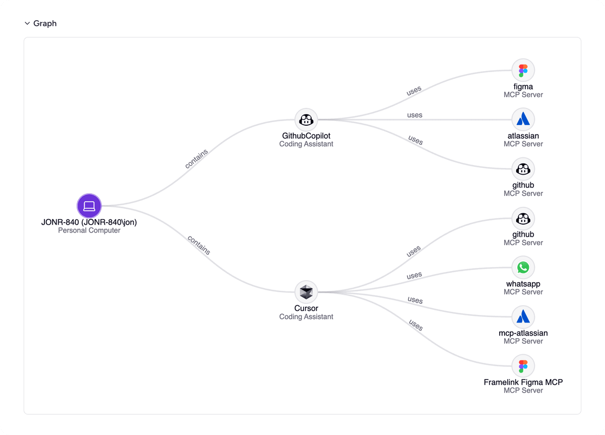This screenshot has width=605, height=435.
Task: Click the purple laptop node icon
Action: (x=89, y=206)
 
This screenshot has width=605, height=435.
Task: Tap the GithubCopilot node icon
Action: (x=306, y=120)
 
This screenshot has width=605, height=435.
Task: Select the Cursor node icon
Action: (x=306, y=292)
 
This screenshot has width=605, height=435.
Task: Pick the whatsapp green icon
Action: (x=523, y=267)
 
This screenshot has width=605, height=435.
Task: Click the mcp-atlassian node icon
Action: (x=523, y=317)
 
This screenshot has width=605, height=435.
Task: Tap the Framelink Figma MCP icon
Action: (x=523, y=366)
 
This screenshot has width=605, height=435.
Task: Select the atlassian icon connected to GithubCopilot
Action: (x=523, y=120)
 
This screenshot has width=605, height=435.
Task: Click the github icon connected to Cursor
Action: (x=523, y=219)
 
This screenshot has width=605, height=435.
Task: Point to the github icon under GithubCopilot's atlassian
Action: (x=523, y=169)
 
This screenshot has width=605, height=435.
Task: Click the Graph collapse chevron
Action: (x=27, y=23)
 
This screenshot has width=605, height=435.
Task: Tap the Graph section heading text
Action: (x=45, y=23)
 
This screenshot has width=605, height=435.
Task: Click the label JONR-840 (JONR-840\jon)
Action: (x=89, y=222)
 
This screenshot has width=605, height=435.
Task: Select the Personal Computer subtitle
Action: (x=89, y=231)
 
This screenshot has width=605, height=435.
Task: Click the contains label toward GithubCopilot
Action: (x=196, y=158)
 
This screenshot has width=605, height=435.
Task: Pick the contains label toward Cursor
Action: (x=199, y=245)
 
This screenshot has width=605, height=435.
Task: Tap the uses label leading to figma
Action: (x=414, y=91)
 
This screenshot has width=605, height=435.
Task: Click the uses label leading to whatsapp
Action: (x=414, y=276)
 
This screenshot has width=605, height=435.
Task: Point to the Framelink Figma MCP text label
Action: (x=523, y=382)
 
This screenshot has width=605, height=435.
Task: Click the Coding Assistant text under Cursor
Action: (x=306, y=317)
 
